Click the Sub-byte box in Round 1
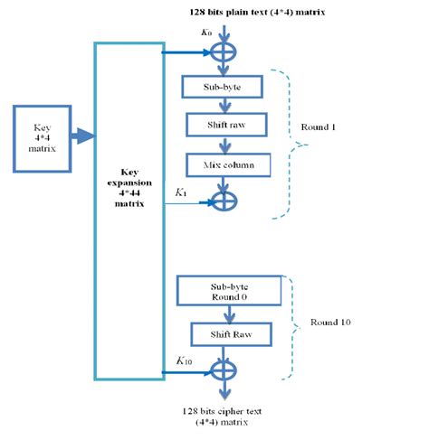pyautogui.click(x=223, y=87)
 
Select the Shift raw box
pyautogui.click(x=223, y=125)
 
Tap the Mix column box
pyautogui.click(x=223, y=164)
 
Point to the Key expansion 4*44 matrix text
pyautogui.click(x=129, y=189)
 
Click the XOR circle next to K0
pyautogui.click(x=223, y=52)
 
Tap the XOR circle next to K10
pyautogui.click(x=223, y=371)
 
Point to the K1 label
pyautogui.click(x=181, y=192)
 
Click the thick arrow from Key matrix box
pyautogui.click(x=81, y=136)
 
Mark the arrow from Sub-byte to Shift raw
pyautogui.click(x=223, y=106)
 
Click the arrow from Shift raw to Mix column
pyautogui.click(x=223, y=145)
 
